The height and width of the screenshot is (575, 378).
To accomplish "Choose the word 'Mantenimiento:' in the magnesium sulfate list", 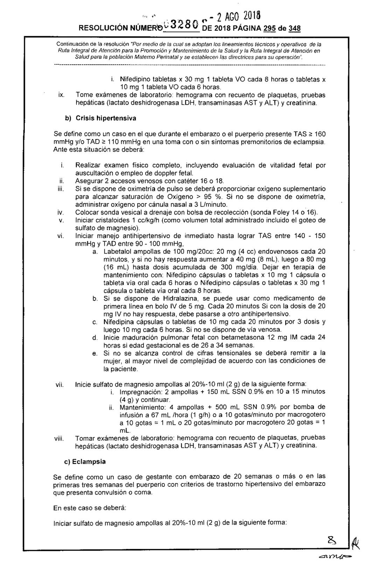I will pos(140,407).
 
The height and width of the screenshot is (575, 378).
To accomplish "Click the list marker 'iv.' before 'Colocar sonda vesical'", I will pos(60,212).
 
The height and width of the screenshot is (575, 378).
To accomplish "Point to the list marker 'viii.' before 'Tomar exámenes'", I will pos(58,438).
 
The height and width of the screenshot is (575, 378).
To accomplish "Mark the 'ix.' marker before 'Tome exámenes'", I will pos(60,95).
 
